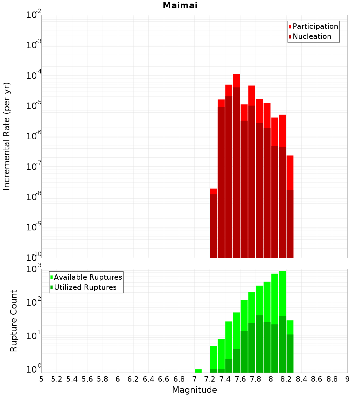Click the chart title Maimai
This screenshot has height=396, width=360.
[180, 6]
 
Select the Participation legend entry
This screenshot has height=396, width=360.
[315, 27]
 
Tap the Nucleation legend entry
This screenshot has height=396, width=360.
[311, 37]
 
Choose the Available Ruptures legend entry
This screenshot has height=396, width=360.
[87, 277]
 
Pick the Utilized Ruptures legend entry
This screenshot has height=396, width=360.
[85, 287]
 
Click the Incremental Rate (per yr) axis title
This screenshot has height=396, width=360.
[7, 136]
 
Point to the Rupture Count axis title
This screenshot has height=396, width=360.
[14, 320]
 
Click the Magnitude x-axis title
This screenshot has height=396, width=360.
[194, 390]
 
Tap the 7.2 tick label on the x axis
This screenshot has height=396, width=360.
[210, 379]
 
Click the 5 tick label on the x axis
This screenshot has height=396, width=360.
[41, 379]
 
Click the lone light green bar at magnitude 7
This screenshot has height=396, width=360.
[198, 371]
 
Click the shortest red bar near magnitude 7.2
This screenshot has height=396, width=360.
[213, 191]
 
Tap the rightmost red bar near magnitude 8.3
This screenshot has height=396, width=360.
[290, 173]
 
